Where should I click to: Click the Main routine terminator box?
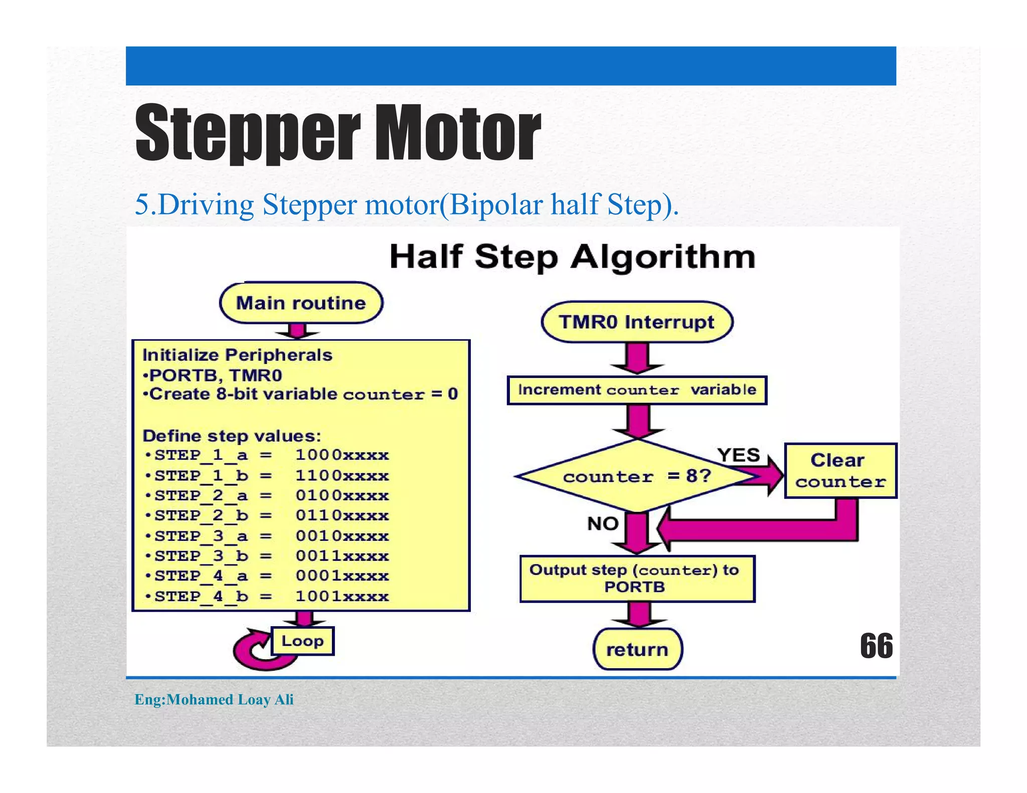coord(301,303)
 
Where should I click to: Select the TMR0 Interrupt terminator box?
coord(637,322)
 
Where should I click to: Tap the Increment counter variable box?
coord(637,390)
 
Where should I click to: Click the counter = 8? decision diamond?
coord(637,476)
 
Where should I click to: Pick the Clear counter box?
coord(840,471)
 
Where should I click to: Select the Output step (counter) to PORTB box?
coord(637,578)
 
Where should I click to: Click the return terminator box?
coord(637,650)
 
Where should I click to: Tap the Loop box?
coord(302,641)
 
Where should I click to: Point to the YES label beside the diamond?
coord(738,455)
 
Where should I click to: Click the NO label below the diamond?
coord(603,524)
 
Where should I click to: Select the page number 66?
coord(876,646)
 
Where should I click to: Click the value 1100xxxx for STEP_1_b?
coord(342,475)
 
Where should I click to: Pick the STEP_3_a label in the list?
coord(201,536)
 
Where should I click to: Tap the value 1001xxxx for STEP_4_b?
coord(342,597)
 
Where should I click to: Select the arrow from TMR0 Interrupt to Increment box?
coord(637,358)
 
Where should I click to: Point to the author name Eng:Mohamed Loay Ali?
coord(214,699)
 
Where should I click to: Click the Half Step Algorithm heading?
coord(572,257)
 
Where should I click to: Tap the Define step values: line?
coord(232,436)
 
